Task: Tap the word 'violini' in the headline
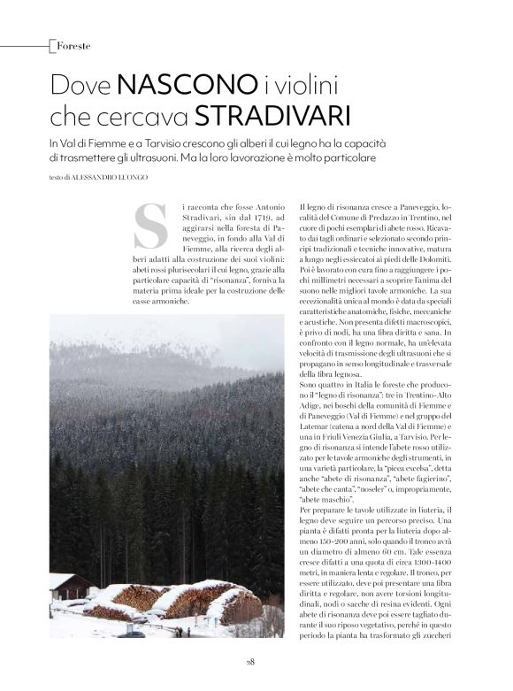tap(310, 86)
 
